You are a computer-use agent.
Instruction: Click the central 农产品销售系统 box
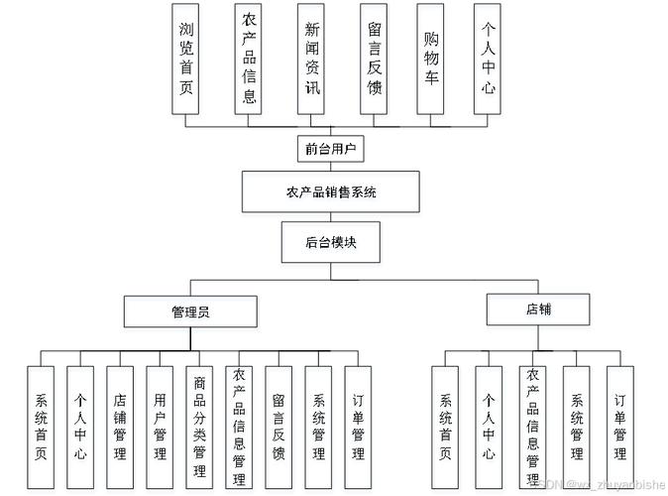click(x=331, y=191)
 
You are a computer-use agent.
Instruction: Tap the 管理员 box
click(x=189, y=311)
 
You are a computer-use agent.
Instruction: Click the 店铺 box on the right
click(x=539, y=310)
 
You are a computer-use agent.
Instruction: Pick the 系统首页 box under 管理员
click(x=41, y=427)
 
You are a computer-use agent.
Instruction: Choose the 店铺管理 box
click(x=120, y=427)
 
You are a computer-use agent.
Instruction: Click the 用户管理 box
click(x=160, y=427)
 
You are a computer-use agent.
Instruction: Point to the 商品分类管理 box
click(x=199, y=427)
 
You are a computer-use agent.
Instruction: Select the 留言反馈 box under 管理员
click(x=278, y=427)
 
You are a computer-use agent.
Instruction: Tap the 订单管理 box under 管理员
click(x=358, y=427)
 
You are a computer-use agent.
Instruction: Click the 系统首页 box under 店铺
click(x=445, y=427)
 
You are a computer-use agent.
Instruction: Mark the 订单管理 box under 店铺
click(x=619, y=427)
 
